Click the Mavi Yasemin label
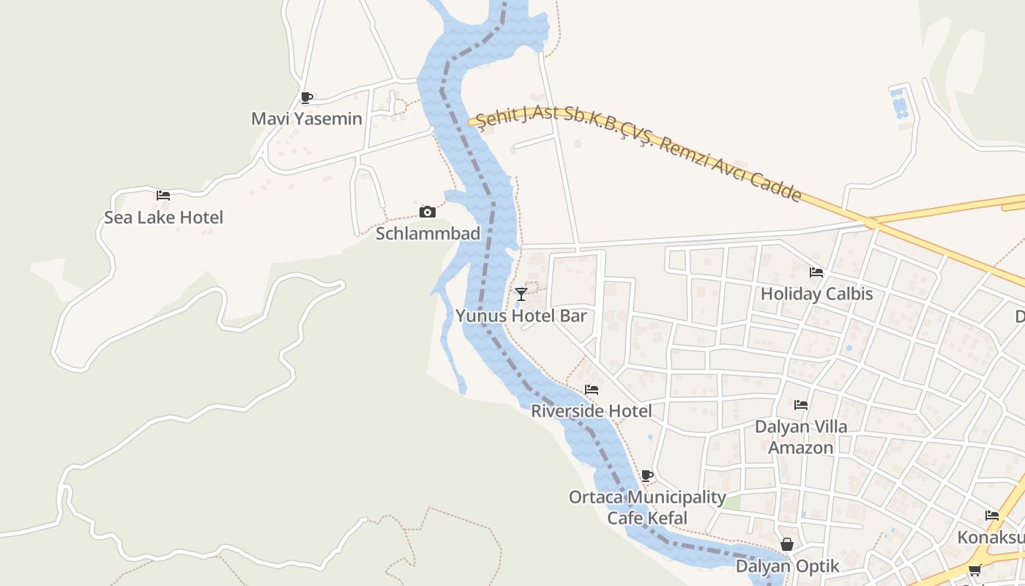[x=307, y=119]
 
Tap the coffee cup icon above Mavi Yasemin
[x=307, y=97]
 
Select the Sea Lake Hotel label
[x=163, y=218]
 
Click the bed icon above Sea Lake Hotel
[x=163, y=196]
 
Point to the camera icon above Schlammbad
[x=428, y=212]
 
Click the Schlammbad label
[x=428, y=234]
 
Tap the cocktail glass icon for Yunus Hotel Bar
[x=521, y=294]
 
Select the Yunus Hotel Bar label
[x=521, y=316]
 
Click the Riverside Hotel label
[x=591, y=411]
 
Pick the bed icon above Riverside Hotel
[x=592, y=390]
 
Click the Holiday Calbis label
[x=816, y=294]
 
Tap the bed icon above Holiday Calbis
[x=816, y=272]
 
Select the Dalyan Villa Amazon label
[x=801, y=437]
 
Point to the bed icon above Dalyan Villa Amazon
[x=801, y=404]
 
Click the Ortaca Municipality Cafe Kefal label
[x=647, y=508]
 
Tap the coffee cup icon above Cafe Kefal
[x=647, y=475]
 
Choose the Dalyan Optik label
[x=787, y=566]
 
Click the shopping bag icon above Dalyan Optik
[x=787, y=544]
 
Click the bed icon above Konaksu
[x=992, y=516]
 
